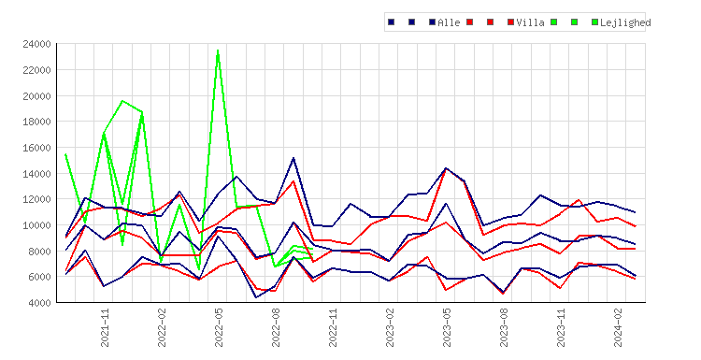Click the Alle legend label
[x=449, y=22]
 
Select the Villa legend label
[x=530, y=22]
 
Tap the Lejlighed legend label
[x=625, y=22]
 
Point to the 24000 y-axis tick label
[x=36, y=44]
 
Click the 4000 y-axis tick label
[x=39, y=303]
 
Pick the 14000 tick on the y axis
[x=36, y=174]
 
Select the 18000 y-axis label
[x=36, y=122]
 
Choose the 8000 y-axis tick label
[x=39, y=252]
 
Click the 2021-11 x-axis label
[x=105, y=328]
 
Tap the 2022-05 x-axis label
[x=219, y=328]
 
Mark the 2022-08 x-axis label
[x=276, y=328]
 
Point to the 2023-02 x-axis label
[x=390, y=328]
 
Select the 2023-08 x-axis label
[x=504, y=328]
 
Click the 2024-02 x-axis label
[x=618, y=328]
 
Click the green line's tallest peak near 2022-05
[x=218, y=50]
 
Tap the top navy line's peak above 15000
[x=293, y=158]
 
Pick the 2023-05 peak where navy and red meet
[x=445, y=168]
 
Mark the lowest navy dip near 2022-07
[x=256, y=297]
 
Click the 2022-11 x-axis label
[x=333, y=328]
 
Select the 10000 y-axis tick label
[x=36, y=225]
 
